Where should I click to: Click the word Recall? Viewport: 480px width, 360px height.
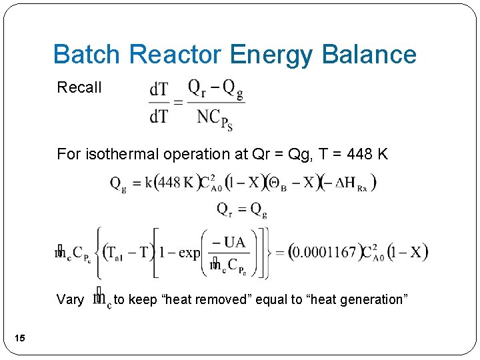[79, 87]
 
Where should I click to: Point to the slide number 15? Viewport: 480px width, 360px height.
[20, 339]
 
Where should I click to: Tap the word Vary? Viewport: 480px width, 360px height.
[71, 299]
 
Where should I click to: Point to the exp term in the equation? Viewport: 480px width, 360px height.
[189, 253]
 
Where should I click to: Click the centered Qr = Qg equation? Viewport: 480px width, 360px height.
[241, 209]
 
